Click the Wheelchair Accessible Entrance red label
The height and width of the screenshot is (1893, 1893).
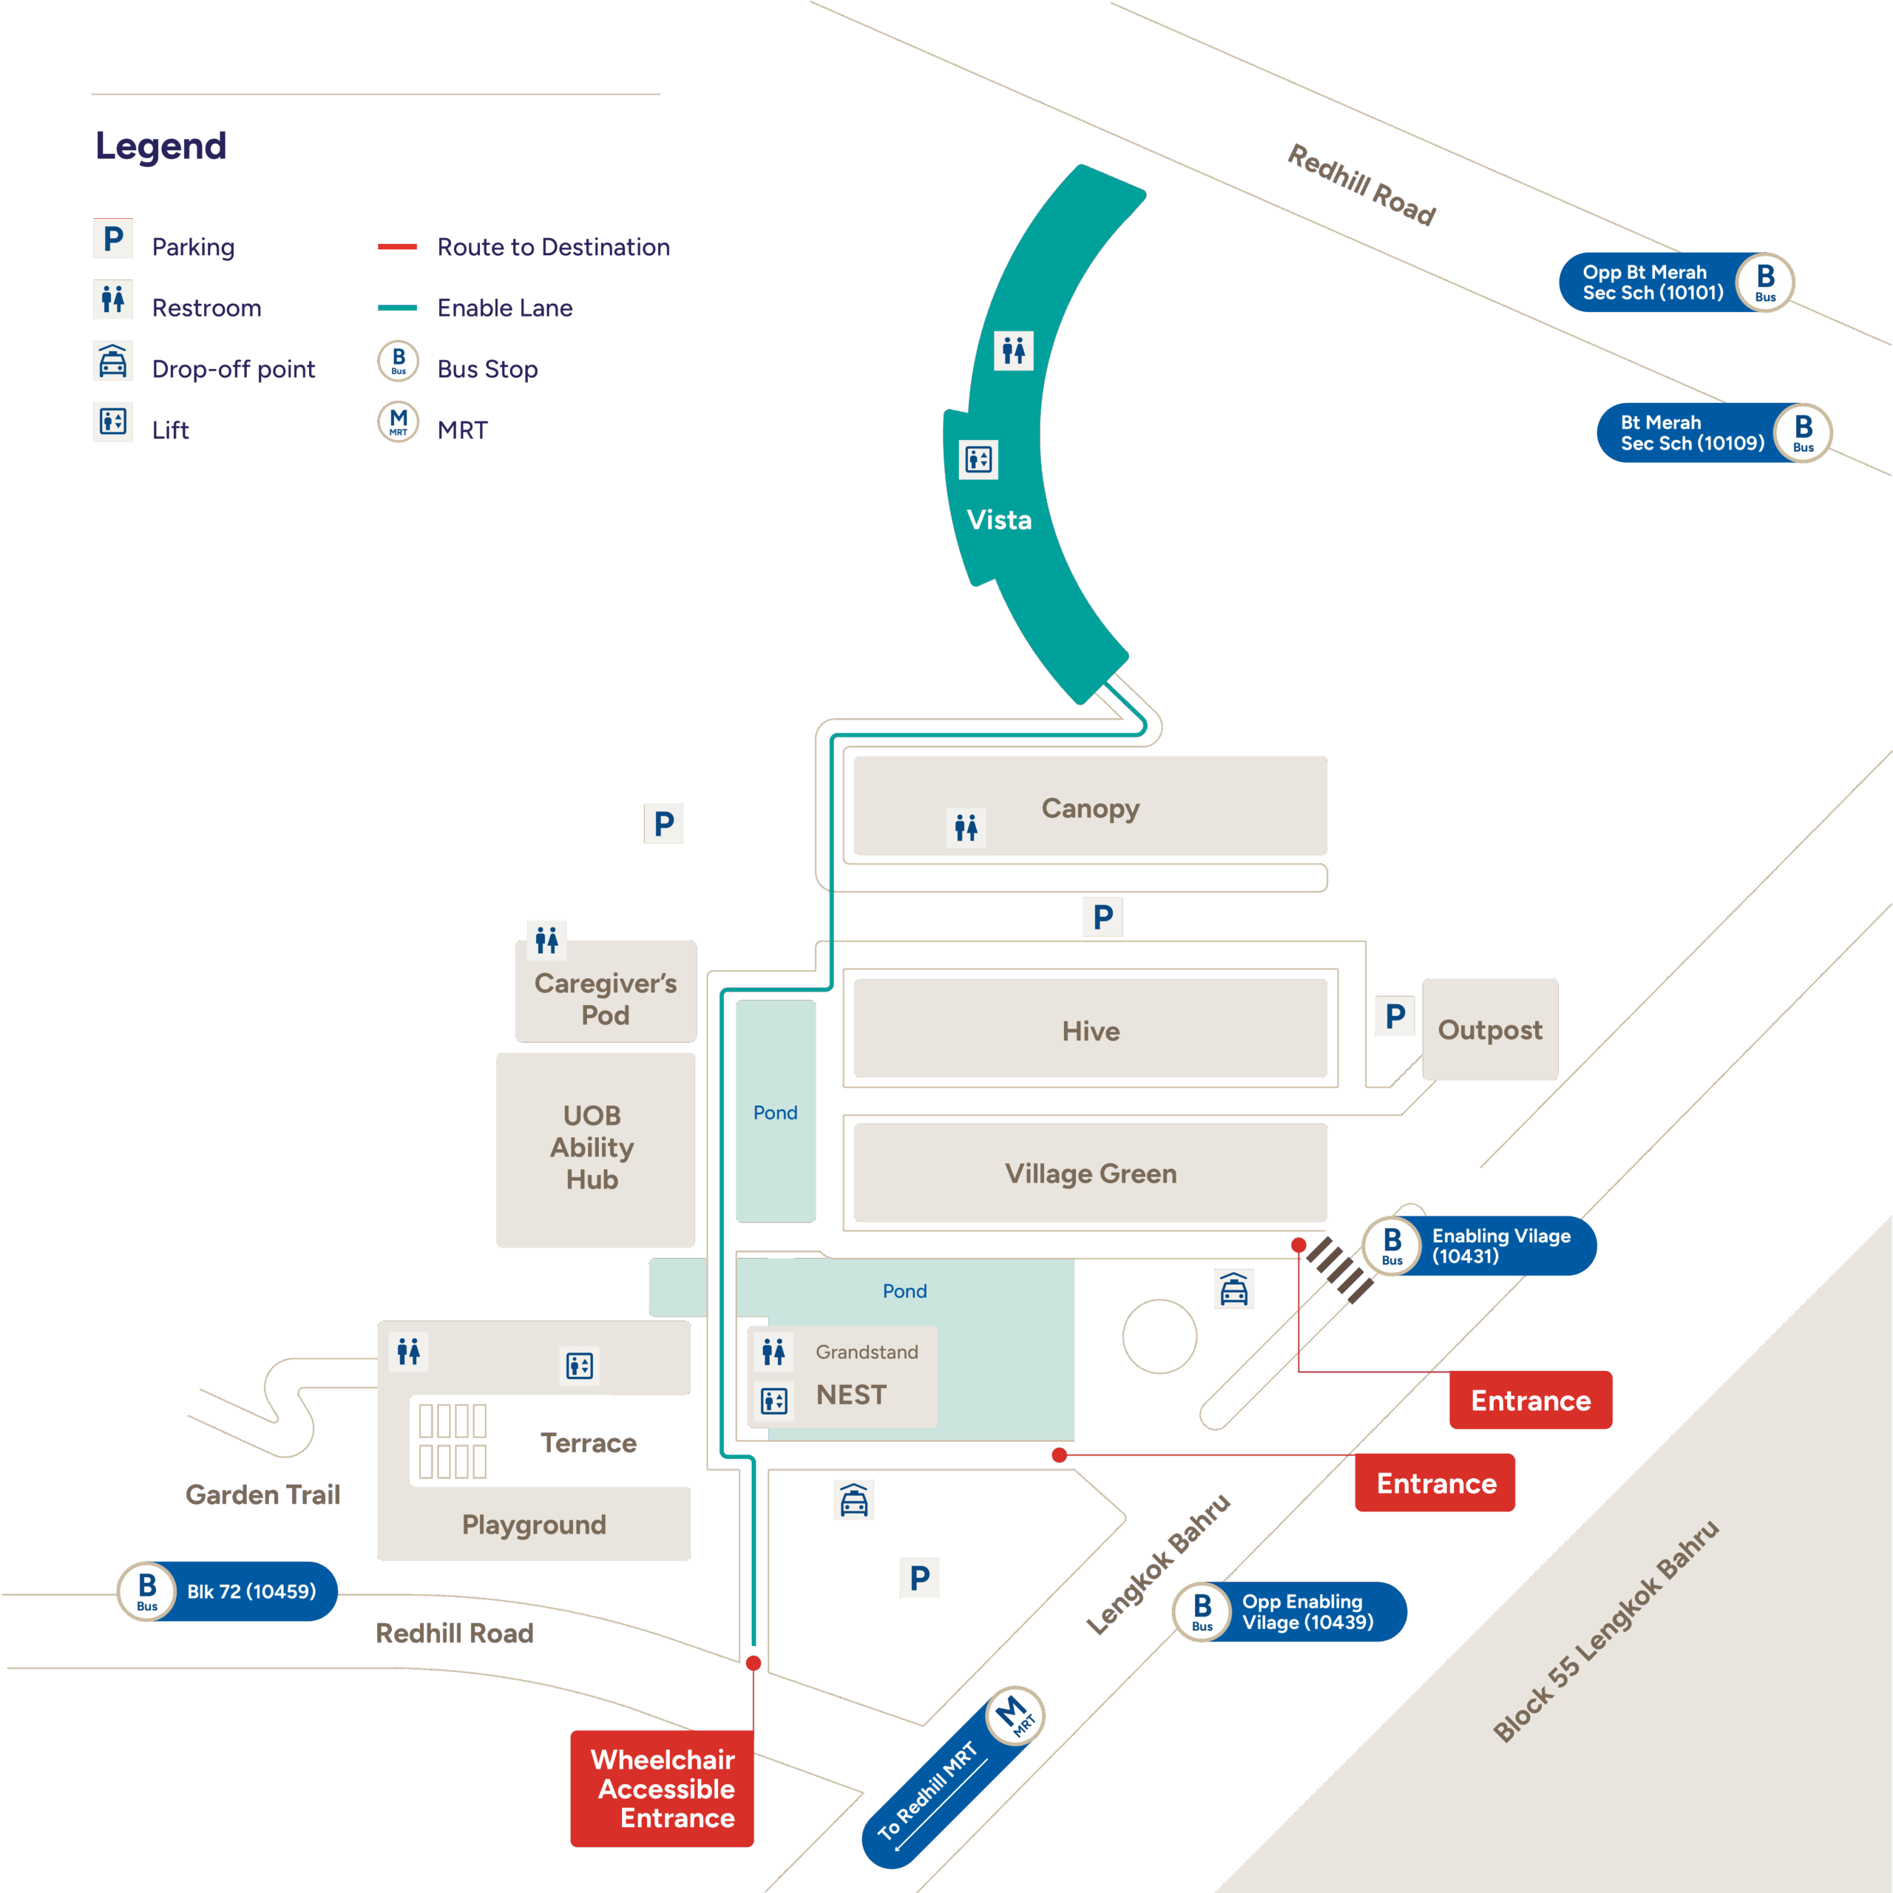coord(663,1788)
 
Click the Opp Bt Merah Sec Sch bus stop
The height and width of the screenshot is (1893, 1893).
coord(1676,282)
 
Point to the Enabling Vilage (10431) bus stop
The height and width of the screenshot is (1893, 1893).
coord(1480,1246)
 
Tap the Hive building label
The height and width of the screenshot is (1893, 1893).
coord(1091,1031)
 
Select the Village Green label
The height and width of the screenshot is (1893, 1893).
coord(1091,1173)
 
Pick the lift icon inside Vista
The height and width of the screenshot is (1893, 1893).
coord(978,458)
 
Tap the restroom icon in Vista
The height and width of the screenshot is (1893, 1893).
coord(1013,350)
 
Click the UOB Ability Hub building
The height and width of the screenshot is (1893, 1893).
coord(594,1148)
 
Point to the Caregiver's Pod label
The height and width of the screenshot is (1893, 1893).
coord(606,998)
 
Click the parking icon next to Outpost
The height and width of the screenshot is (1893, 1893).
coord(1395,1016)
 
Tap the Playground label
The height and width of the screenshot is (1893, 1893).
coord(534,1525)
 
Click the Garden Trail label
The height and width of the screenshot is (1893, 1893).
coord(263,1494)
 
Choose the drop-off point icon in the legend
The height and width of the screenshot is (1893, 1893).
coord(112,362)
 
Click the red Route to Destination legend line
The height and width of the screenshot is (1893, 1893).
coord(398,247)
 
